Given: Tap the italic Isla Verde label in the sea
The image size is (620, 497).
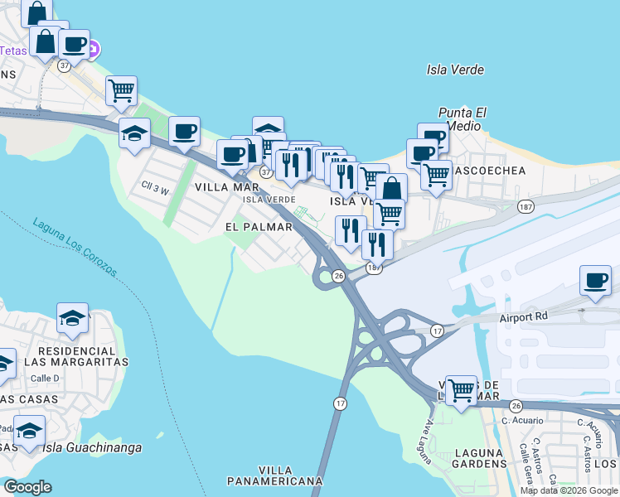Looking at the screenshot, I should tap(455, 70).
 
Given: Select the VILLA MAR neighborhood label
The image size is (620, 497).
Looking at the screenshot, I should tap(222, 188).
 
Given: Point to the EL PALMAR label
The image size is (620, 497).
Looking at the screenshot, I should tap(259, 226).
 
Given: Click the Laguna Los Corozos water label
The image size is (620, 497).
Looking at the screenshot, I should tap(75, 247).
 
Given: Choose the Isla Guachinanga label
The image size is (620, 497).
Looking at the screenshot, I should tap(92, 448).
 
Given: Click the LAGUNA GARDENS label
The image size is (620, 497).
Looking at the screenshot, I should tap(479, 458).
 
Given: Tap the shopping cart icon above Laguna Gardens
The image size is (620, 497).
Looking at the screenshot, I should tap(461, 388).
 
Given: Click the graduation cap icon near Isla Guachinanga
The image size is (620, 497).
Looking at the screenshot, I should tap(30, 431).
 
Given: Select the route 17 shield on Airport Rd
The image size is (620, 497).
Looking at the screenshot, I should tap(438, 331).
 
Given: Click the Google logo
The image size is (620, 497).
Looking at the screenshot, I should tap(27, 487).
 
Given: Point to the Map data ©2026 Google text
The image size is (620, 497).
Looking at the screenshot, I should tap(569, 490).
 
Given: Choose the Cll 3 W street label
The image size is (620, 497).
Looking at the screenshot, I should tap(155, 191).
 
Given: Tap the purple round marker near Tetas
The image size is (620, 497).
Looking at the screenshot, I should tap(93, 48).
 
